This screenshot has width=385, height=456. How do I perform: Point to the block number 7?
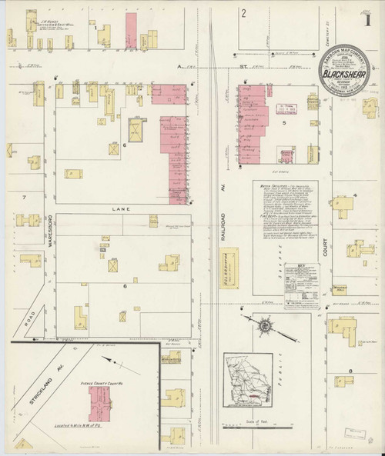[x=25, y=198]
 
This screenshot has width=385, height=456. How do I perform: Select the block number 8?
[x=350, y=371]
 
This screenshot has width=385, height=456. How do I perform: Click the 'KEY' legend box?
[x=296, y=281]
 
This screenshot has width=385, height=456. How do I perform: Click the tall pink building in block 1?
[x=131, y=26]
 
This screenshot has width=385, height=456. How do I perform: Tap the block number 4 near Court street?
[x=355, y=196]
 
